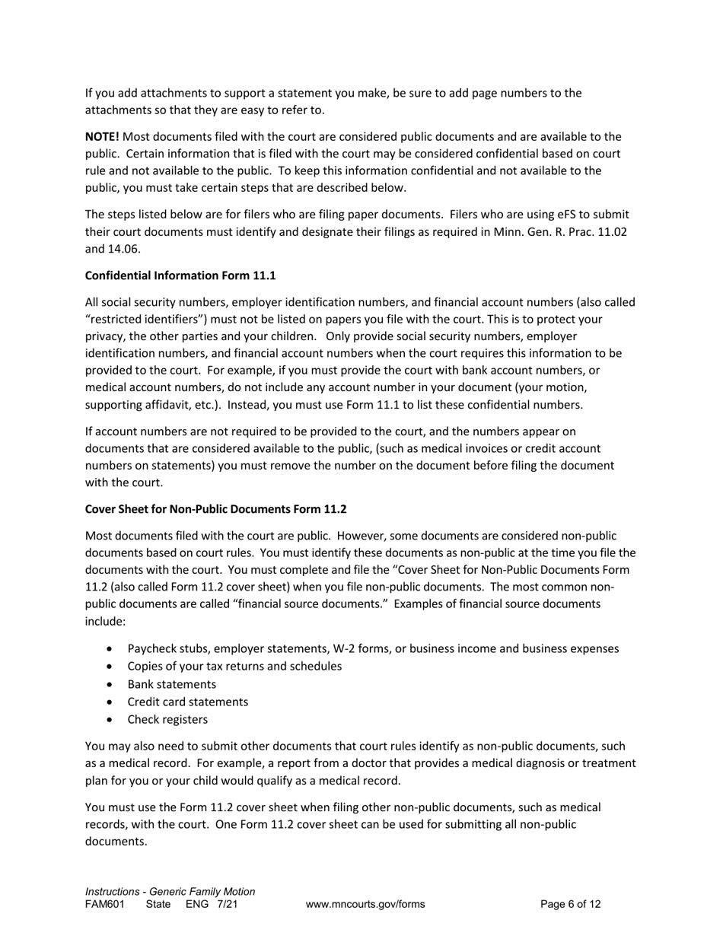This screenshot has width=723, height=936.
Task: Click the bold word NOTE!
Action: [x=102, y=137]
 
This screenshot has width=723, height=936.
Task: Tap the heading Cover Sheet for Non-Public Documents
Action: [x=215, y=508]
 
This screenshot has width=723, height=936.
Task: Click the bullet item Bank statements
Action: [x=171, y=684]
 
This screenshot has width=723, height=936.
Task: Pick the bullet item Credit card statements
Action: [x=187, y=702]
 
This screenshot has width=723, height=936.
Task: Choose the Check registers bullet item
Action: [x=167, y=719]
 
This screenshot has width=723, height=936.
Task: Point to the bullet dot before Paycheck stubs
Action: [x=112, y=649]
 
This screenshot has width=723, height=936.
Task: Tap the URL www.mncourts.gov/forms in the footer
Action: [x=365, y=904]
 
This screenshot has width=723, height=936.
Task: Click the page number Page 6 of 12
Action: [x=570, y=904]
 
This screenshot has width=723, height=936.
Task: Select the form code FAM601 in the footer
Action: [x=104, y=904]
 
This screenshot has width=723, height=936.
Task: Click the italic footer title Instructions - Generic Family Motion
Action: [x=170, y=891]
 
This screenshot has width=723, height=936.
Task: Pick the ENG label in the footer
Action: [x=197, y=904]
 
